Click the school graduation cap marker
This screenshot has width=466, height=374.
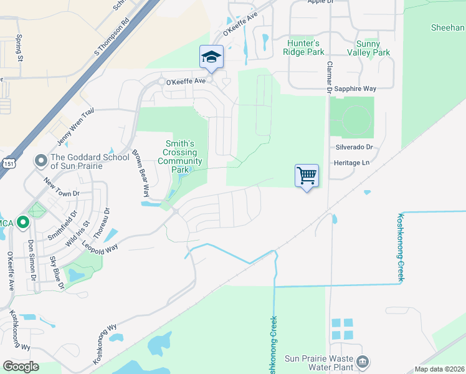[211, 57]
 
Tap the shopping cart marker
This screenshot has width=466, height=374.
[307, 176]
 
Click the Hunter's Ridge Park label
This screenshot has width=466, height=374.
[303, 47]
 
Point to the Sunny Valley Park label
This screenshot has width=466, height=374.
[373, 48]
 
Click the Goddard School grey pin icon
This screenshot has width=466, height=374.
[41, 161]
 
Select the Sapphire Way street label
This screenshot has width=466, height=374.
[355, 90]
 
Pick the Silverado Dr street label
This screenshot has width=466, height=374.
[353, 147]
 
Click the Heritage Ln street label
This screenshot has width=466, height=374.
[353, 162]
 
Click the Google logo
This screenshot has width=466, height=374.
[21, 367]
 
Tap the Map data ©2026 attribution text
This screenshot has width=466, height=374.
[440, 369]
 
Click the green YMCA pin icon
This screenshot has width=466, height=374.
[23, 221]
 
